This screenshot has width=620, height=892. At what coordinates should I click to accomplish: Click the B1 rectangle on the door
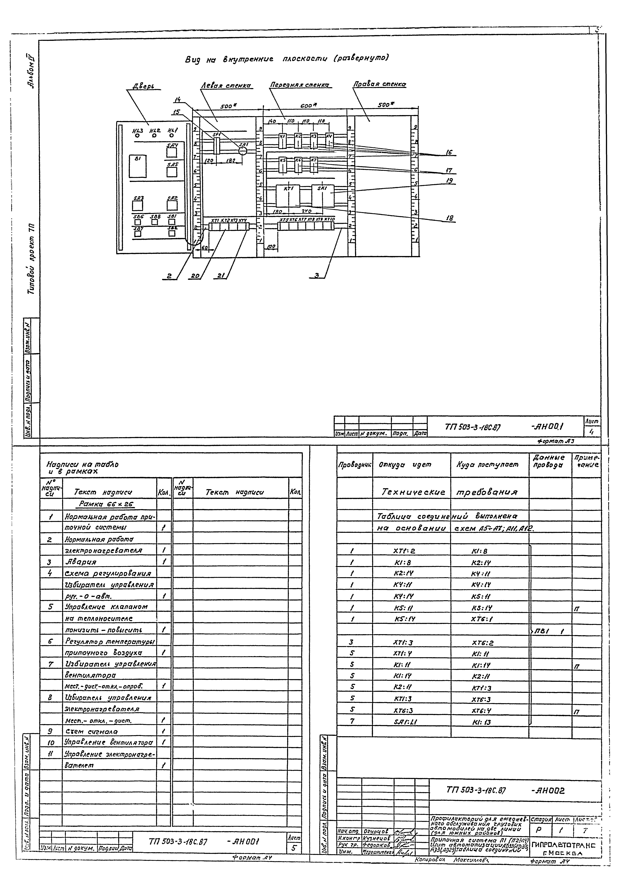click(x=138, y=166)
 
